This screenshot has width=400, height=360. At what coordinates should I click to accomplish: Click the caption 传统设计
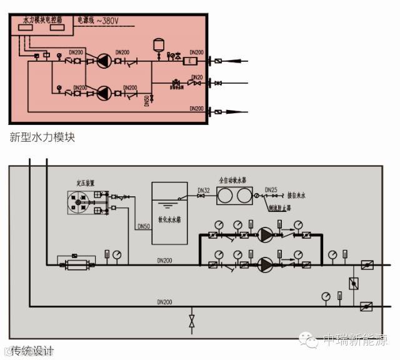[x=32, y=350]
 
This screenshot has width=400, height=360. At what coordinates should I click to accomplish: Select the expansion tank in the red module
[x=158, y=45]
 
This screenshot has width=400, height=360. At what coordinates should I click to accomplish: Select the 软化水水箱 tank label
[x=169, y=221]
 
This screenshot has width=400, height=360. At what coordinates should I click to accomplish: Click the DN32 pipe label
[x=203, y=190]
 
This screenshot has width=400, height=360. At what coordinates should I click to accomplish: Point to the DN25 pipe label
[x=271, y=189]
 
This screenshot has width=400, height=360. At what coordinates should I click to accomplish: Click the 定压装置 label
[x=85, y=184]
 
